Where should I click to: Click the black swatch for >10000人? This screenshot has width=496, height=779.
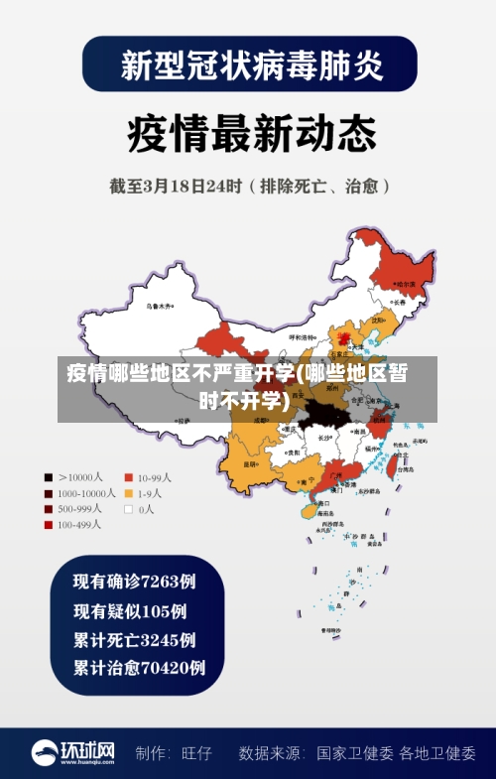48,476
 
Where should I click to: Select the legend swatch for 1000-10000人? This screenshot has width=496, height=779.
48,493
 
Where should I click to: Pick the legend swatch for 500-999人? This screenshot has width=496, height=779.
48,509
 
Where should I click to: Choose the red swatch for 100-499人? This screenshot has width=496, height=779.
48,525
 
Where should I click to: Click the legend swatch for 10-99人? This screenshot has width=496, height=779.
128,476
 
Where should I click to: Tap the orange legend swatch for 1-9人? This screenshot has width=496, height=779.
128,493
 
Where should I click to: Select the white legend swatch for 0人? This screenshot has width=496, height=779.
128,509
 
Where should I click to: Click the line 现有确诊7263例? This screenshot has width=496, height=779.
134,581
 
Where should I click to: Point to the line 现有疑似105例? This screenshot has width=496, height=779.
130,610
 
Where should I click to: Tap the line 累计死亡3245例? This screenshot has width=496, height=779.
134,639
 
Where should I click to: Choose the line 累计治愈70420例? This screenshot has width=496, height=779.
139,668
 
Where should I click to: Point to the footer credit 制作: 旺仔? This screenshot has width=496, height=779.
175,753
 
